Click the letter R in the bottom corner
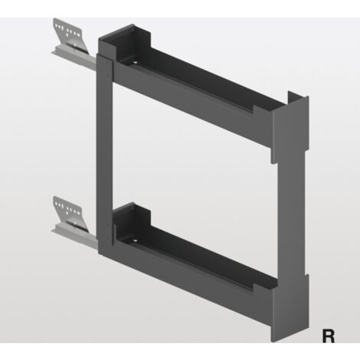pyautogui.click(x=329, y=336)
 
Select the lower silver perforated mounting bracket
pyautogui.click(x=69, y=213)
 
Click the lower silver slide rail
pyautogui.click(x=74, y=235)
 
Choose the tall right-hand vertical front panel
pyautogui.click(x=291, y=217)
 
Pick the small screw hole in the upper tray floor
pyautogui.click(x=135, y=63)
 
